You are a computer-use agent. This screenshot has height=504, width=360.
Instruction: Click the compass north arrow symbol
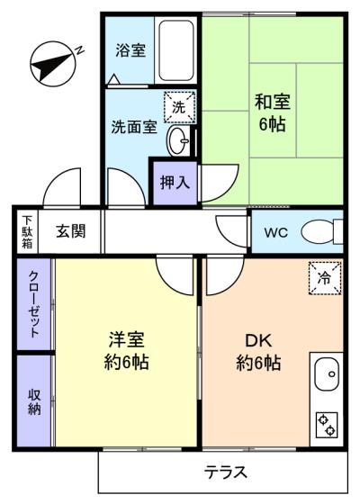[x=53, y=64]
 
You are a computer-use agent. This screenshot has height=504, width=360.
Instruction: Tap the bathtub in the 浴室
[x=176, y=50]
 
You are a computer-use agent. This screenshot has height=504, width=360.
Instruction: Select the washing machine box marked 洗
[x=180, y=107]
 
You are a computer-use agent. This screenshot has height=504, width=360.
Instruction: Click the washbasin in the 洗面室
[x=178, y=141]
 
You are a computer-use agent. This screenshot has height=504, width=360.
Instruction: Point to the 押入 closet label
[x=175, y=183]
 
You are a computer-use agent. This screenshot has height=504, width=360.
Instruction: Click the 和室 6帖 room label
[x=273, y=112]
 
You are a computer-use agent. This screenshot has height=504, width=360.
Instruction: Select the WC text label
[x=275, y=232]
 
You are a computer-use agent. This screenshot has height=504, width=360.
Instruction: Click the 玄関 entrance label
[x=71, y=230]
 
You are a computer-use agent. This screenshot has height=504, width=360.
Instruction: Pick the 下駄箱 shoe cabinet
[x=27, y=231]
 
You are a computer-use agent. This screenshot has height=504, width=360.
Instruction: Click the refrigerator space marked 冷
[x=325, y=278]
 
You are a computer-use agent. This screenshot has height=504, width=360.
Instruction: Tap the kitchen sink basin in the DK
[x=327, y=373]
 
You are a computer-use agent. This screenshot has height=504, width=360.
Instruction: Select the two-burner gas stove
[x=327, y=425]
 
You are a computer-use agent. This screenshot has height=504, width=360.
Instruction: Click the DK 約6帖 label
[x=259, y=352]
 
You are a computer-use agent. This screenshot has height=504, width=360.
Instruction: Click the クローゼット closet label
[x=34, y=304]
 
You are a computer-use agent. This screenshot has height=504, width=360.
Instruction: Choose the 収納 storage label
[x=34, y=401]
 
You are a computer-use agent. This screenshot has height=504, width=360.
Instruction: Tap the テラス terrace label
[x=226, y=472]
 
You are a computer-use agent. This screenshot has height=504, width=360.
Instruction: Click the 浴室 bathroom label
[x=130, y=50]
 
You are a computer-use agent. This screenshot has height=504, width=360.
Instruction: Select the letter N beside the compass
[x=79, y=49]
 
